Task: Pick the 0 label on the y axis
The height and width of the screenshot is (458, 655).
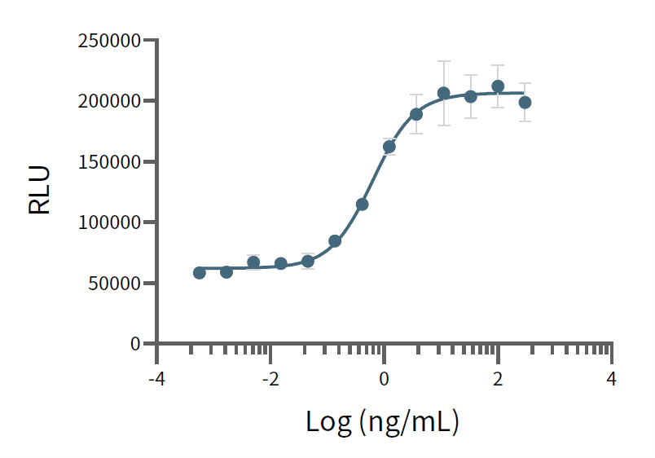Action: (135, 344)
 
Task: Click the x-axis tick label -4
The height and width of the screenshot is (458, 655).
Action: (156, 379)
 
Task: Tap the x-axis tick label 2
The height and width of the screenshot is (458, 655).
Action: (498, 379)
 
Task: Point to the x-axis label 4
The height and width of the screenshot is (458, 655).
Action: (611, 379)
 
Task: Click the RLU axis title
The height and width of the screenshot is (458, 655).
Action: (40, 191)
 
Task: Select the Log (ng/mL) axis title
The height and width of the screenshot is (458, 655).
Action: (383, 421)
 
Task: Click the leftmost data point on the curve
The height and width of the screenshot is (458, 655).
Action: (200, 272)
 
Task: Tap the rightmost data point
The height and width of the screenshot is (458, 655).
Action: (525, 103)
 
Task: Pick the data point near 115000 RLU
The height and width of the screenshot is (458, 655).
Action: (362, 204)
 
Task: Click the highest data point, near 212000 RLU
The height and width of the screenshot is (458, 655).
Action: (498, 86)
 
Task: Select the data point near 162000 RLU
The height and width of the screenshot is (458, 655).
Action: (389, 147)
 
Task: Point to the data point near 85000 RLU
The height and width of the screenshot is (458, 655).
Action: (335, 241)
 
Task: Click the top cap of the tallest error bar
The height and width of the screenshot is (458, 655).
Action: (443, 61)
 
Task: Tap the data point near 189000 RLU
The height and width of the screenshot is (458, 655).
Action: (416, 114)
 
